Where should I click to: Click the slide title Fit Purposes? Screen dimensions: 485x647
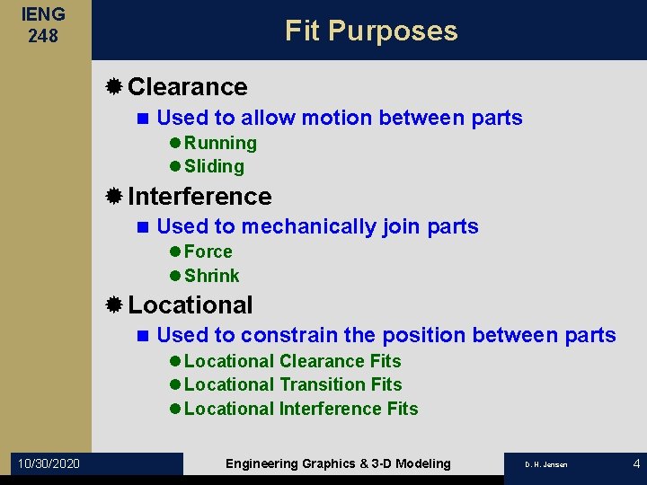click(371, 31)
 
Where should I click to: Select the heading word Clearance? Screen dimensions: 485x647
click(188, 87)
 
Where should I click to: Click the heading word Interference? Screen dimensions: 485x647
click(199, 196)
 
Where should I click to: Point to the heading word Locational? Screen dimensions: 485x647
click(191, 305)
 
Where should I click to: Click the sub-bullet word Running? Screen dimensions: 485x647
click(220, 144)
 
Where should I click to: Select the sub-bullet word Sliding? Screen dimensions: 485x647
click(214, 167)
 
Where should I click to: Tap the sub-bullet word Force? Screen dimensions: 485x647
click(208, 252)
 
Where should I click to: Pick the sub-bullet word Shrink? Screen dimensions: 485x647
click(211, 276)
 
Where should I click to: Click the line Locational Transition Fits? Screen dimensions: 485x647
click(292, 384)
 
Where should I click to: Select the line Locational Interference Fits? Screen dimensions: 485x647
click(300, 409)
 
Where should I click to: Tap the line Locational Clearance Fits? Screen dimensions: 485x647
click(292, 361)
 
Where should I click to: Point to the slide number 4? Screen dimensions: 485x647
click(636, 463)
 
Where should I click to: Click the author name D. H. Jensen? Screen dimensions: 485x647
click(546, 464)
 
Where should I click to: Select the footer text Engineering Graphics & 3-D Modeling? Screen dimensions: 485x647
click(338, 463)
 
